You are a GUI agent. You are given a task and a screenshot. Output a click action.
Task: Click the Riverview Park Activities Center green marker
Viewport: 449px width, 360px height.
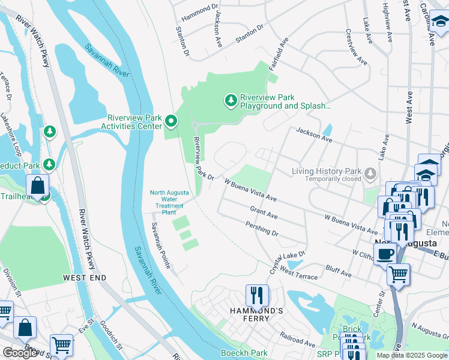[171, 122]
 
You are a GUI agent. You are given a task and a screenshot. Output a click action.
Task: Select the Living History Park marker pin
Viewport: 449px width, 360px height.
[371, 174]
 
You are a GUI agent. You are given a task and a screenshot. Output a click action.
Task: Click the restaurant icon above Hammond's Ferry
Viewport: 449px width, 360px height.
[256, 296]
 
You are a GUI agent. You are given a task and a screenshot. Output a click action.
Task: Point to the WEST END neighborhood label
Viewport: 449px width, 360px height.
[85, 278]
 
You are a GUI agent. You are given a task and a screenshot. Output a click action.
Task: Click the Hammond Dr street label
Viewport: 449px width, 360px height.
[199, 10]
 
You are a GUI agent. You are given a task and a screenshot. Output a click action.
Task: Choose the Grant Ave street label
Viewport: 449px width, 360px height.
[264, 212]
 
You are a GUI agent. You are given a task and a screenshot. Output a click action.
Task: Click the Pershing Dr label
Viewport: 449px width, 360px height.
[262, 228]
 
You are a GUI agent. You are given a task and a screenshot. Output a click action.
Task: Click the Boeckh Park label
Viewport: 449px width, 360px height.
[244, 353]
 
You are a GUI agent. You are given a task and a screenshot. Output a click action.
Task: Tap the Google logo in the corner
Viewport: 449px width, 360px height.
[20, 353]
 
